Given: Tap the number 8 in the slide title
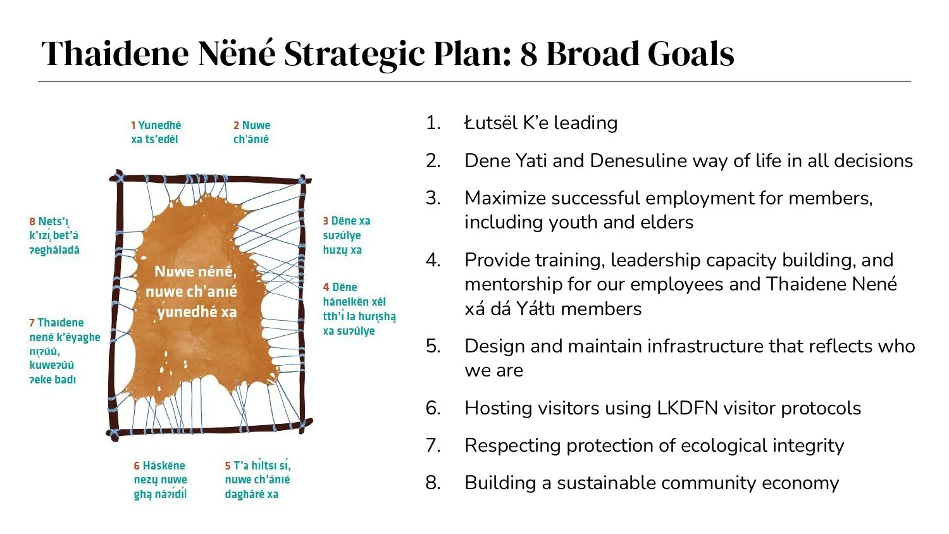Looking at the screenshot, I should tap(529, 54).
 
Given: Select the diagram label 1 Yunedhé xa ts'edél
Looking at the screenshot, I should tap(156, 132).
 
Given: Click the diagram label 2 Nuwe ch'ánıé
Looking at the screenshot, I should tap(252, 132).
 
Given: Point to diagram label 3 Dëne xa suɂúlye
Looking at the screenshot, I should tap(347, 235).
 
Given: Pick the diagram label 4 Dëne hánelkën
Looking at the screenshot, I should tap(359, 309).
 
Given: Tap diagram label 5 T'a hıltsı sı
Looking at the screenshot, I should tap(257, 480).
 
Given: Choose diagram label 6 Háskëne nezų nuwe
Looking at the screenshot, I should tap(160, 480).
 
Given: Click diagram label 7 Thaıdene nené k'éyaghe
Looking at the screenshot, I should tap(64, 351).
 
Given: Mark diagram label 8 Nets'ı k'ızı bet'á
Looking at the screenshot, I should tap(54, 235).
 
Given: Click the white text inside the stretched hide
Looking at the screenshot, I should tap(192, 291).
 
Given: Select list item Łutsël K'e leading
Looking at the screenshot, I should tap(540, 123).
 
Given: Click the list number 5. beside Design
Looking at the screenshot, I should tap(433, 346).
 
